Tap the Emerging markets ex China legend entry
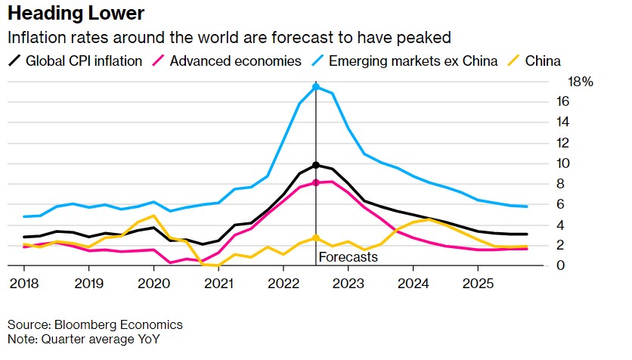coord(413,61)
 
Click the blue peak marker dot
coord(315,87)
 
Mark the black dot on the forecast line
coord(315,165)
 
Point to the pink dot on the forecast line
coord(315,182)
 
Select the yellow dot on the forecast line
coord(315,238)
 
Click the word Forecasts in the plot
coord(348,257)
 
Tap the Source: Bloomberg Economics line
coord(94,324)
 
